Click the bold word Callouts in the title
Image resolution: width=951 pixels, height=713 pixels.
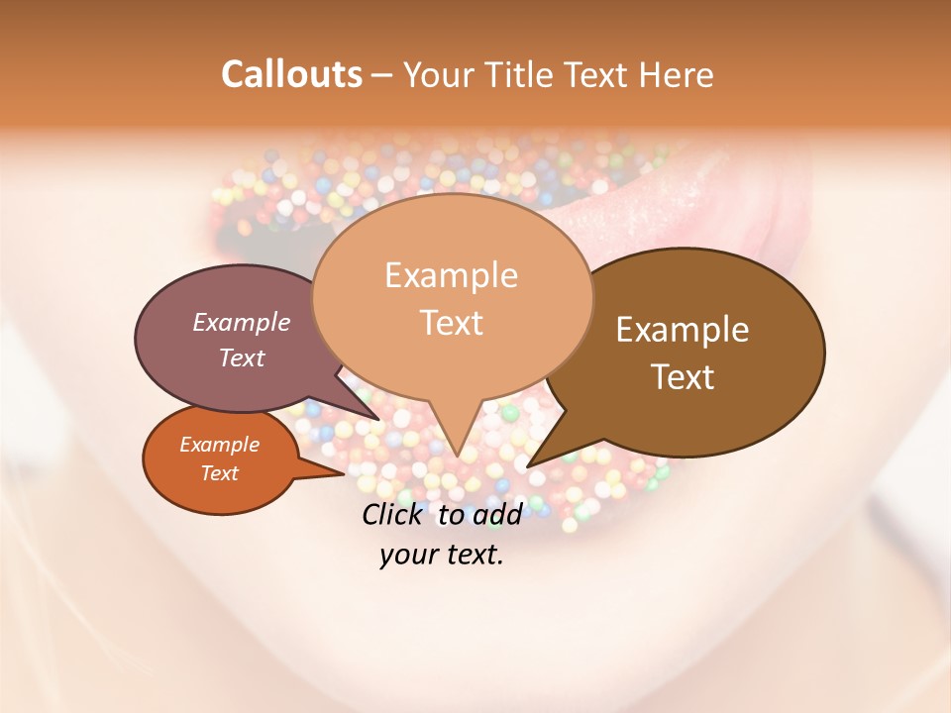[291, 74]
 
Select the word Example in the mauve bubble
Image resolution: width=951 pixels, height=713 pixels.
[242, 322]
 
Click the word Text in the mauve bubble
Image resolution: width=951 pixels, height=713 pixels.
[242, 357]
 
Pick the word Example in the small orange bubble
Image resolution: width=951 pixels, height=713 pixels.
[219, 445]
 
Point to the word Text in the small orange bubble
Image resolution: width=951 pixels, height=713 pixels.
[219, 473]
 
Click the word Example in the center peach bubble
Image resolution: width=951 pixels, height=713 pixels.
[451, 275]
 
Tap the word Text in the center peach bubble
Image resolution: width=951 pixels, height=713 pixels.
[451, 323]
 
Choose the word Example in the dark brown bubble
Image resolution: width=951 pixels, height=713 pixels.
[683, 330]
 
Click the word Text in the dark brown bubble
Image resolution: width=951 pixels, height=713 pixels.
[683, 377]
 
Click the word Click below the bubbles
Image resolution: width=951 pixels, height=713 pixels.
[394, 514]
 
